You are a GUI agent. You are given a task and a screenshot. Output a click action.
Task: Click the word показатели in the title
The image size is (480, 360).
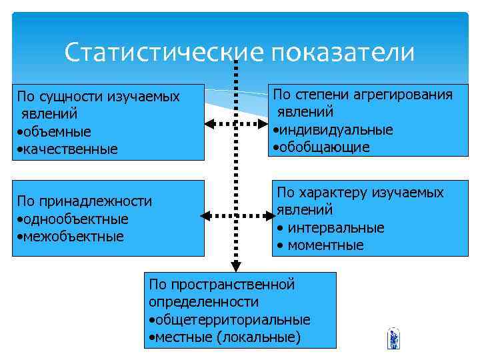coord(342,53)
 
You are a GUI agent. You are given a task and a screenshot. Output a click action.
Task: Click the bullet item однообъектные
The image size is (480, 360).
coord(76,219)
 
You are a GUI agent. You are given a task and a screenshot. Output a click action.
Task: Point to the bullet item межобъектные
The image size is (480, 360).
coord(74,236)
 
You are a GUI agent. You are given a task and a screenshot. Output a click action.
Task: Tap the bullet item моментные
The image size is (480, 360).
coord(325,245)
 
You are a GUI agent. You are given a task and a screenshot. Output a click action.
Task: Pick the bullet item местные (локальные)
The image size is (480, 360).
coord(227,337)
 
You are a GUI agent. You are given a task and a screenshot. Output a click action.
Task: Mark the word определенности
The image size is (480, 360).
coord(204,302)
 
